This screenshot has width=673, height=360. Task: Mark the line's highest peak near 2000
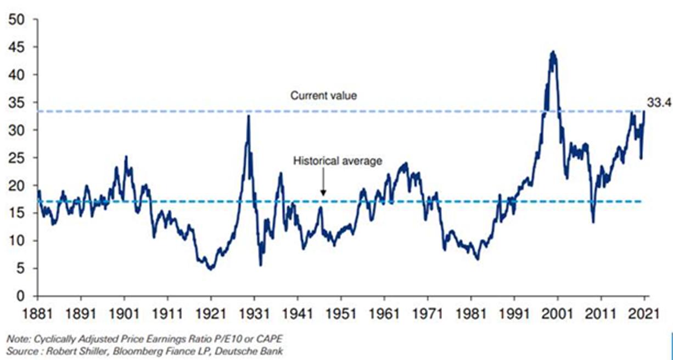pos(553,52)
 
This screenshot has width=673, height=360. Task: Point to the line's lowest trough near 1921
pos(210,269)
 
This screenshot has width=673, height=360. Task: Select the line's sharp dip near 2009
pos(593,222)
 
